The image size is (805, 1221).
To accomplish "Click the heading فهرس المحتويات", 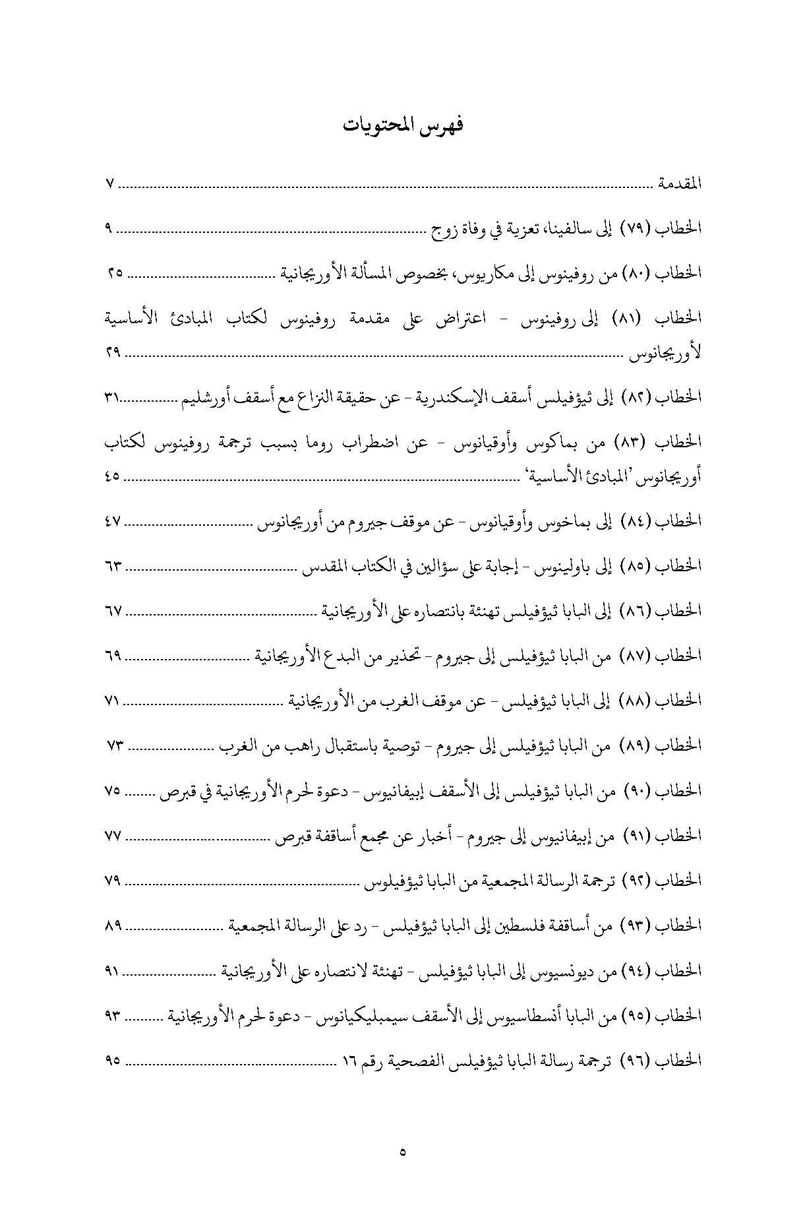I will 403,125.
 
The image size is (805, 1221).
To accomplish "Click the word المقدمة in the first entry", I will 679,184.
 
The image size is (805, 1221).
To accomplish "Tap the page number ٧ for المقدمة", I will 110,184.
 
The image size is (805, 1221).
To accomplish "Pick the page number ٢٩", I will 112,354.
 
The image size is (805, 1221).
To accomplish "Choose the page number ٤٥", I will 112,476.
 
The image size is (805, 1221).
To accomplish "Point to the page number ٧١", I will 112,701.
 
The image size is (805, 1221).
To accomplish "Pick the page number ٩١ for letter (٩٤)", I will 112,971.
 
